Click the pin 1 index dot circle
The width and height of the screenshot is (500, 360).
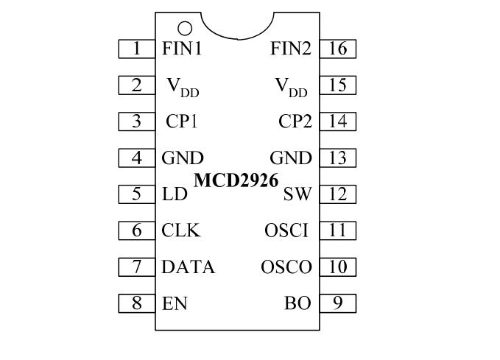pos(185,28)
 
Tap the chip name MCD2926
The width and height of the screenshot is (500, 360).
pos(236,180)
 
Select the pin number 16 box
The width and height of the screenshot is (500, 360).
pos(338,49)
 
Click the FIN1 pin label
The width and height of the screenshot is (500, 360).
pos(182,49)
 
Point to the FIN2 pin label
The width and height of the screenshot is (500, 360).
pos(291,49)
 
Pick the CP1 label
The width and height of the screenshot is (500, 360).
pos(181,121)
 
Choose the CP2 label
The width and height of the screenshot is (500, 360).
pos(295,121)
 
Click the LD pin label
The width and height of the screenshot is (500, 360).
pos(175,194)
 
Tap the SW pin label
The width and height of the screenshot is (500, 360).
pos(297,194)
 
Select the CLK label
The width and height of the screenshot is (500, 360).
pos(180,230)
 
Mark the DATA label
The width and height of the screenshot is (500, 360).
pos(189,267)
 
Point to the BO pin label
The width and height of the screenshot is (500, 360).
pos(298,303)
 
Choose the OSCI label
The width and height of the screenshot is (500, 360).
pos(286,230)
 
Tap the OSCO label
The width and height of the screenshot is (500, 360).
pos(286,267)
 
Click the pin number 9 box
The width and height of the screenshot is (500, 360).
pos(338,303)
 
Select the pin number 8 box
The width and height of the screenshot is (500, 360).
pos(137,303)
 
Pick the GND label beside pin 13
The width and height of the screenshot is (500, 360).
pos(291,158)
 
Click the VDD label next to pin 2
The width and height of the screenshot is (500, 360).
pos(182,87)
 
